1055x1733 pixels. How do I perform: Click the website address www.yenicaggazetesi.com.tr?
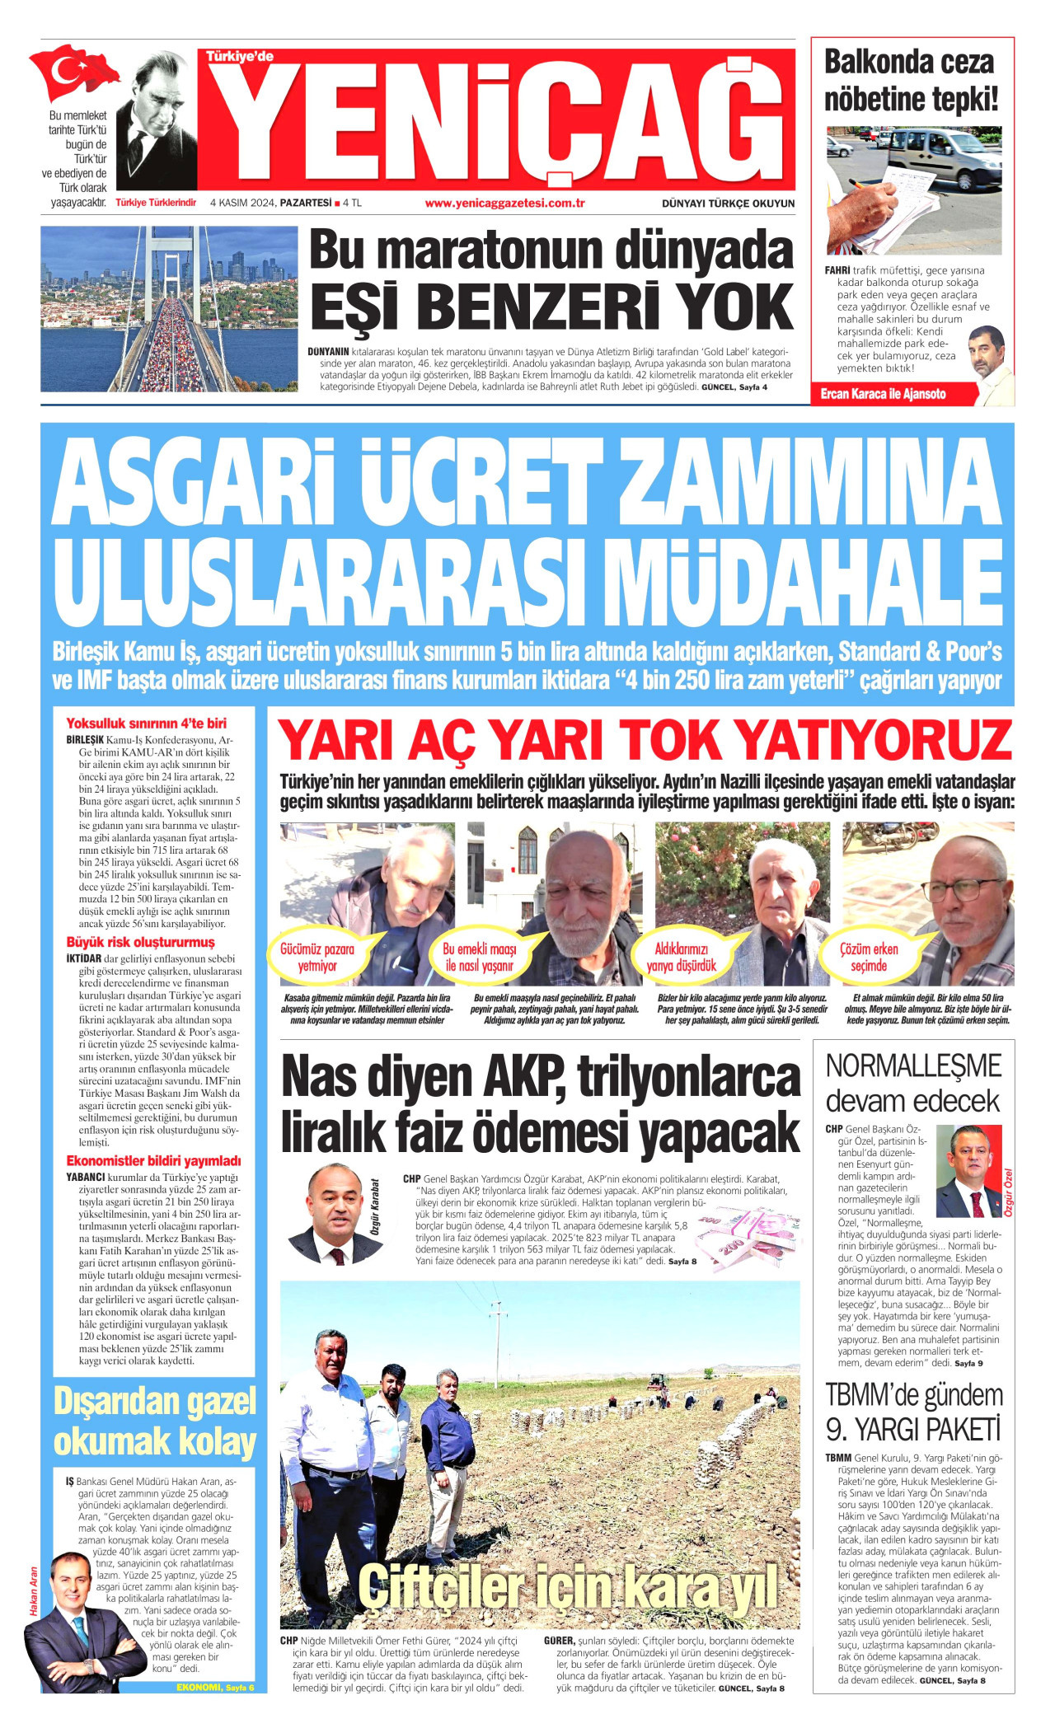tap(504, 204)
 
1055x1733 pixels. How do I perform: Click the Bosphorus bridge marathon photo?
tap(169, 309)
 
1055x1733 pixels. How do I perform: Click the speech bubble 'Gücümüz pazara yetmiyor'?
tap(317, 957)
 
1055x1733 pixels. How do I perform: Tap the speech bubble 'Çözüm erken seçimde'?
tap(869, 957)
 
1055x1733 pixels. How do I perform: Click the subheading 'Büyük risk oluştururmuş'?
tap(140, 942)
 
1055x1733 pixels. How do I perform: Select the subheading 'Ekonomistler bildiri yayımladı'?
tap(153, 1160)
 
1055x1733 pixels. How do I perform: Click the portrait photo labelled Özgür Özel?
tap(968, 1171)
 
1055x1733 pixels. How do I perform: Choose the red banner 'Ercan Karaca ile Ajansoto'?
tap(884, 394)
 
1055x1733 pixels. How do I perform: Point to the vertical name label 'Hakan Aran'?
tap(34, 1595)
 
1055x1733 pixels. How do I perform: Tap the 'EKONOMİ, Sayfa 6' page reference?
tap(215, 1687)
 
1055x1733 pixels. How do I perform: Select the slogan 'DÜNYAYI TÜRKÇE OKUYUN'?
tap(728, 204)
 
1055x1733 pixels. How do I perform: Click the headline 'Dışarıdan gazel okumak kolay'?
tap(155, 1421)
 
